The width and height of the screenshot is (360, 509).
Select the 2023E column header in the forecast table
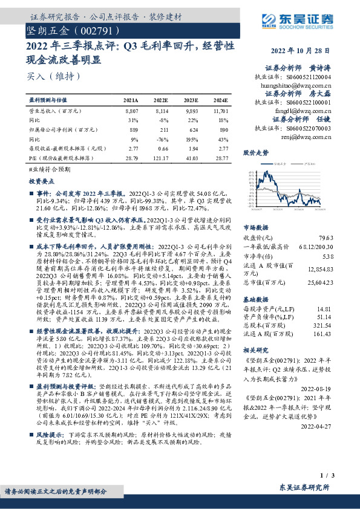[191, 100]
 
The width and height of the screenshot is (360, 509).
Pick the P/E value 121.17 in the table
[162, 157]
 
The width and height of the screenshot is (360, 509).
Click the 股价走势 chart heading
[256, 154]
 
